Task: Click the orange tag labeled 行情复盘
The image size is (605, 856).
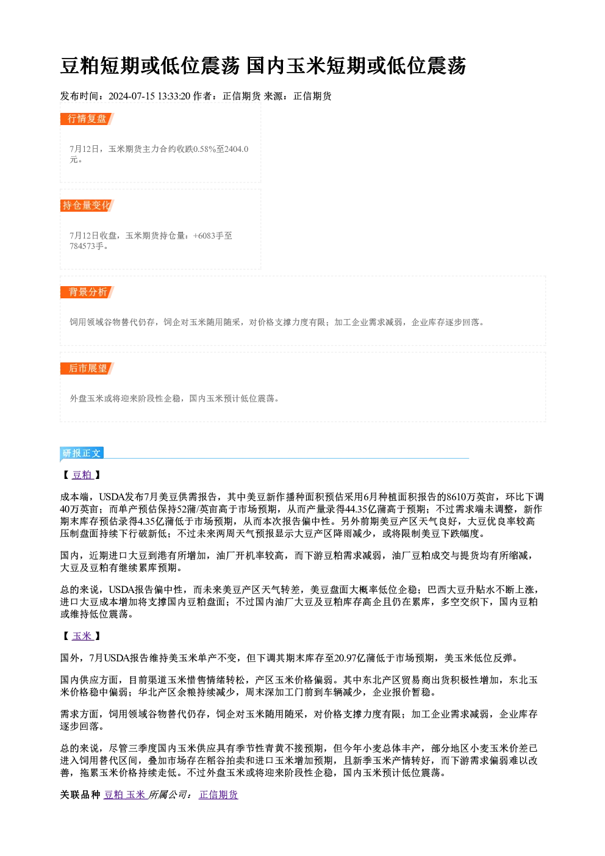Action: [x=87, y=119]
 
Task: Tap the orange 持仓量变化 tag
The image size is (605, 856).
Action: [x=87, y=206]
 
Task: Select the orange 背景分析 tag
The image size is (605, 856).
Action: [x=87, y=292]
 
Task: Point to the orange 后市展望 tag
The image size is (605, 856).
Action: [x=87, y=369]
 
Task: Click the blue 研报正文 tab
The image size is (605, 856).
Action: [x=82, y=453]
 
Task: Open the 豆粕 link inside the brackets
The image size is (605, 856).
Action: [x=82, y=475]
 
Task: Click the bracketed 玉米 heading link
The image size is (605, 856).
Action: [x=82, y=636]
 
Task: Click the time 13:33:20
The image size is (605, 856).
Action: [x=174, y=96]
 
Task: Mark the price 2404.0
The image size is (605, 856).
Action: [x=237, y=149]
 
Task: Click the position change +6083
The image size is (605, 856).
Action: [x=204, y=236]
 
